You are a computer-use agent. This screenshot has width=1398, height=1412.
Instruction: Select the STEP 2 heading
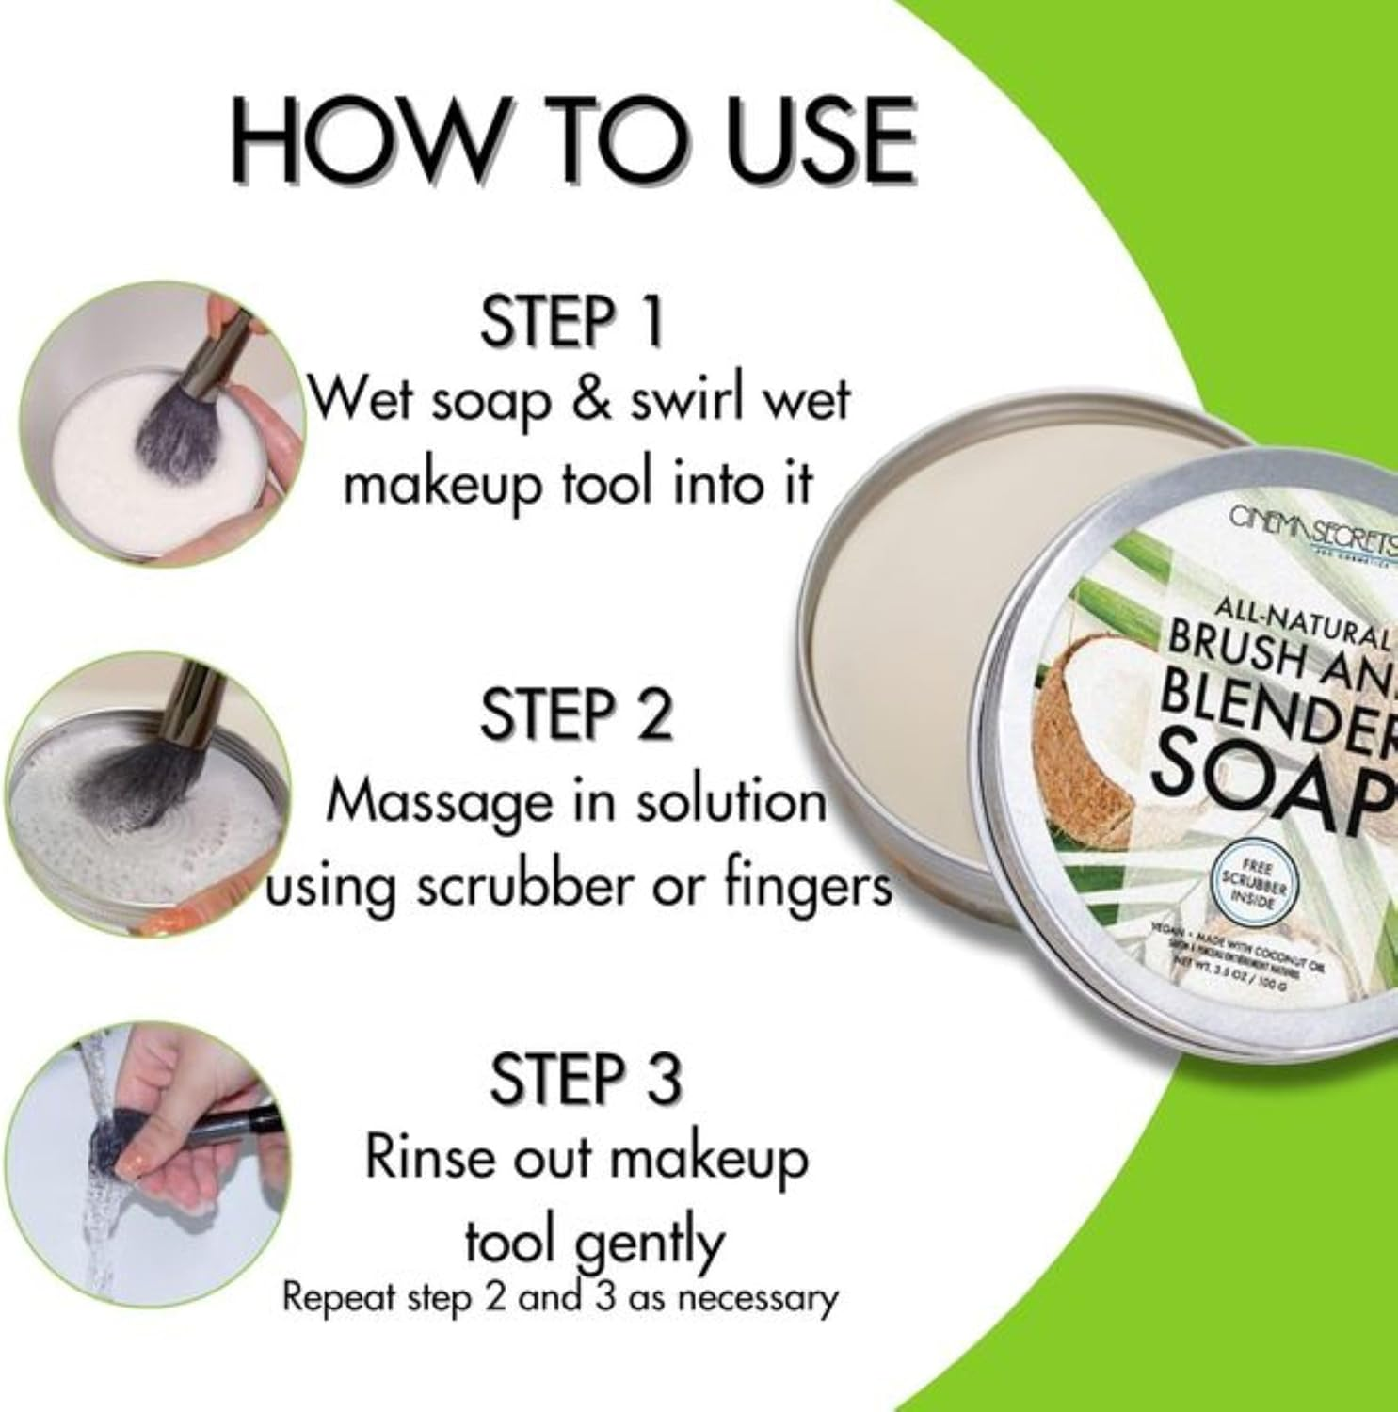[x=576, y=714]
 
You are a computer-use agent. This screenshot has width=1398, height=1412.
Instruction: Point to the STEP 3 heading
[x=584, y=1079]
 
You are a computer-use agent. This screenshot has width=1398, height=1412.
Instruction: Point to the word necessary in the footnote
[x=758, y=1299]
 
